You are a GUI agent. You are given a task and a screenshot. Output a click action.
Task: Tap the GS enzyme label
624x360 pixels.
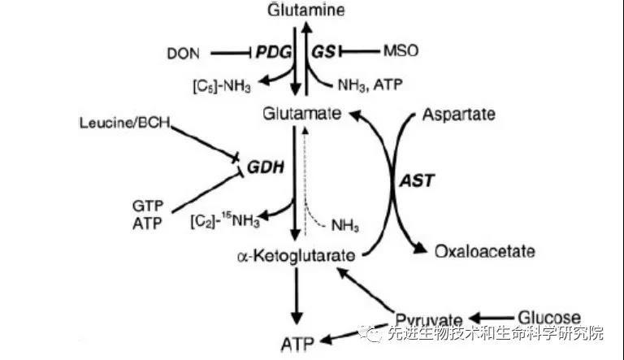point(323,52)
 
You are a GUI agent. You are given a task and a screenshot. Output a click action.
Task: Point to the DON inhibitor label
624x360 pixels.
point(183,53)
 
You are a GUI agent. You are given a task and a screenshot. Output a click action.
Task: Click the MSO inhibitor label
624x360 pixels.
point(400,52)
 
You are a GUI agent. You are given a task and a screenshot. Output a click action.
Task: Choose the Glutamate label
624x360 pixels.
point(301,115)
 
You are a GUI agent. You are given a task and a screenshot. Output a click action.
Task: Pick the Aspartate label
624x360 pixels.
point(458,115)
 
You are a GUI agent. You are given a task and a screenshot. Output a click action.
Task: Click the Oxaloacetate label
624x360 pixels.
point(485,251)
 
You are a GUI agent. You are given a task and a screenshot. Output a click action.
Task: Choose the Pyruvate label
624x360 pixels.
point(429,318)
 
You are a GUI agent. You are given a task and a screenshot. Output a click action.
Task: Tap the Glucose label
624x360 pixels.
point(550,317)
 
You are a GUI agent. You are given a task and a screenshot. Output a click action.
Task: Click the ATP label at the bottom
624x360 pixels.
point(297,343)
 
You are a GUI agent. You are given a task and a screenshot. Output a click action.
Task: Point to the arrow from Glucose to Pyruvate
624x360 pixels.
point(489,317)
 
